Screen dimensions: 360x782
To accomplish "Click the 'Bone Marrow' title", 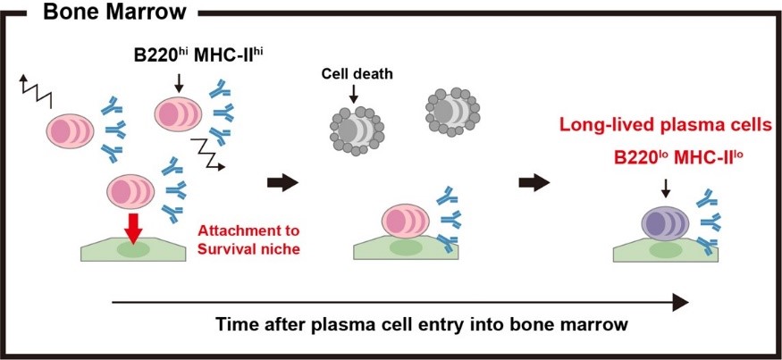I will [x=108, y=12].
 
